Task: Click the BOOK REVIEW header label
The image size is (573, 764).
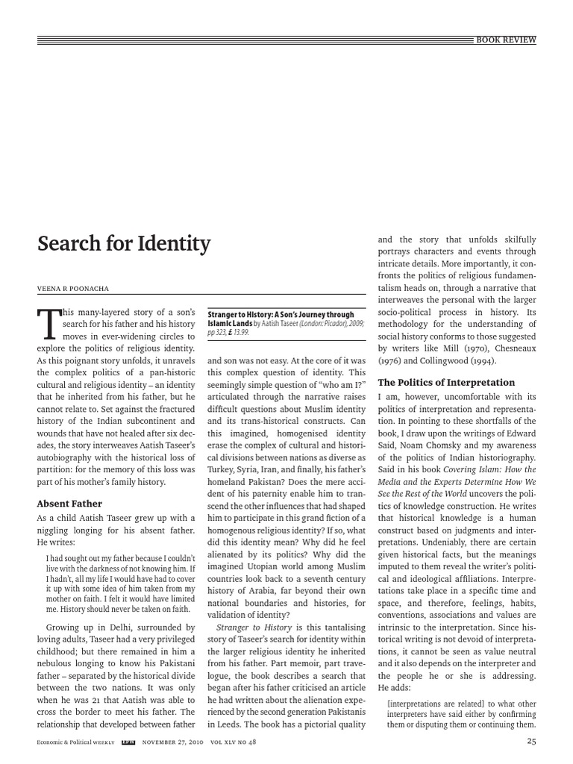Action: coord(506,40)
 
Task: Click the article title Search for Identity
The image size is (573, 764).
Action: coord(124,244)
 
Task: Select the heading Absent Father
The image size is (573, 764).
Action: coord(69,503)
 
